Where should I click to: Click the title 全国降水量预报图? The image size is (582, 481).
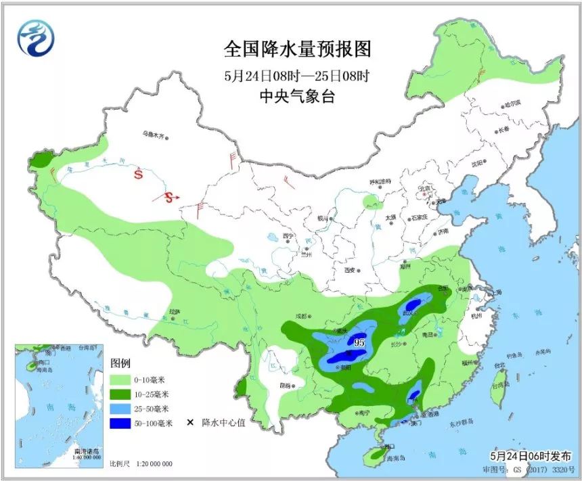click(298, 49)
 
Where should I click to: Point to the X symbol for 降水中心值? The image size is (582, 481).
click(190, 423)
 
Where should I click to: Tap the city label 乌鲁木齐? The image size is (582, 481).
click(153, 135)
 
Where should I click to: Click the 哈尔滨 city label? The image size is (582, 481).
click(512, 104)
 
